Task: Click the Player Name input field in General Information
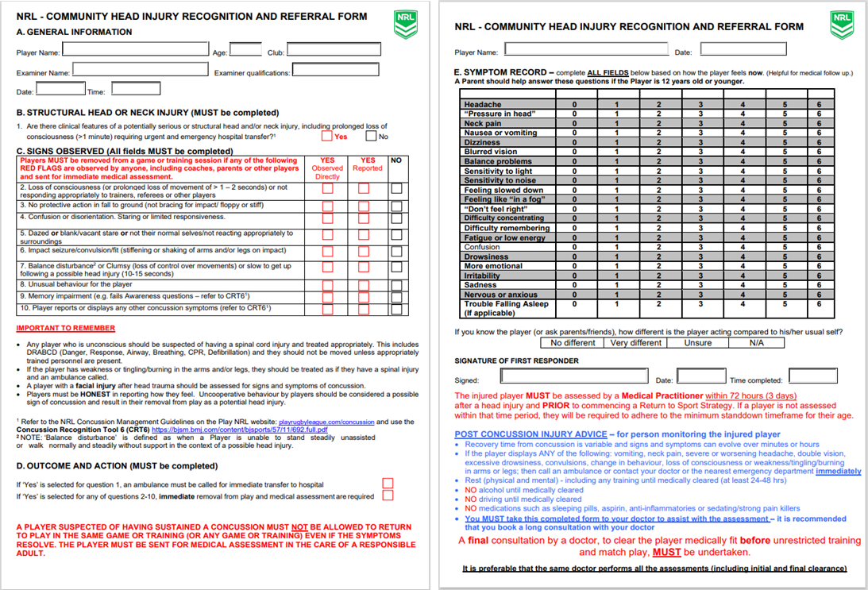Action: click(136, 50)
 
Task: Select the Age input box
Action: click(245, 50)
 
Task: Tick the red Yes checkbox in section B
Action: click(326, 135)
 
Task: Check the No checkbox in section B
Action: click(371, 135)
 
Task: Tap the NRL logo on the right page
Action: click(841, 24)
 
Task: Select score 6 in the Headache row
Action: click(819, 104)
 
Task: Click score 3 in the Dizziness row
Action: click(700, 142)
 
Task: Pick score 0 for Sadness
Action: click(574, 285)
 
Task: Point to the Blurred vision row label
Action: click(491, 152)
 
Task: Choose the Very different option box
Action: click(635, 343)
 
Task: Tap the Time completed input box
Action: click(812, 376)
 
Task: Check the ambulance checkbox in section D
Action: click(388, 483)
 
